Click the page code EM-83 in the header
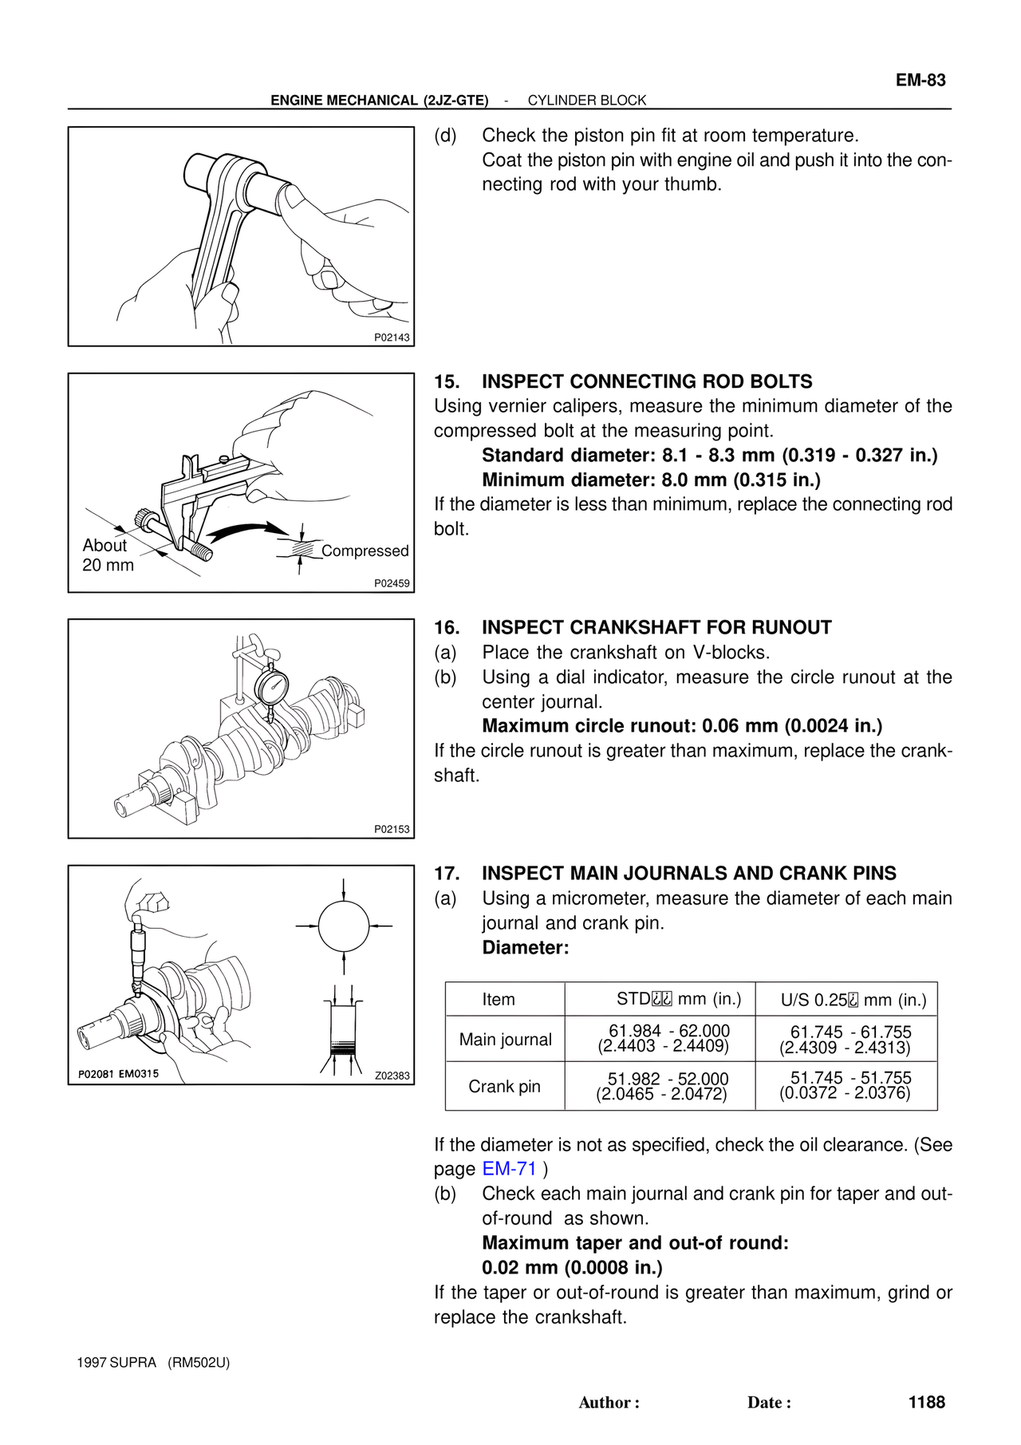(920, 80)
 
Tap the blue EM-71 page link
(510, 1169)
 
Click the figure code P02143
(392, 338)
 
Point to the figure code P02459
(392, 583)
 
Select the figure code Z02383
(392, 1076)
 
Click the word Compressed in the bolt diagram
(365, 551)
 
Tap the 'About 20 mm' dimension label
(108, 555)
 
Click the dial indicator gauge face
(272, 685)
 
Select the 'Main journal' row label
(505, 1039)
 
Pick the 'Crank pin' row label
(504, 1086)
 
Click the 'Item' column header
(499, 999)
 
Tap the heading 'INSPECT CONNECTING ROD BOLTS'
(647, 381)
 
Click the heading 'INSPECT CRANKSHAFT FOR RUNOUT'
(656, 627)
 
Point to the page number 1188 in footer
(926, 1402)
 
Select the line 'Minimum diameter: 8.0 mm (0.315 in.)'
(651, 480)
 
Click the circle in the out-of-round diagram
(344, 926)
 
